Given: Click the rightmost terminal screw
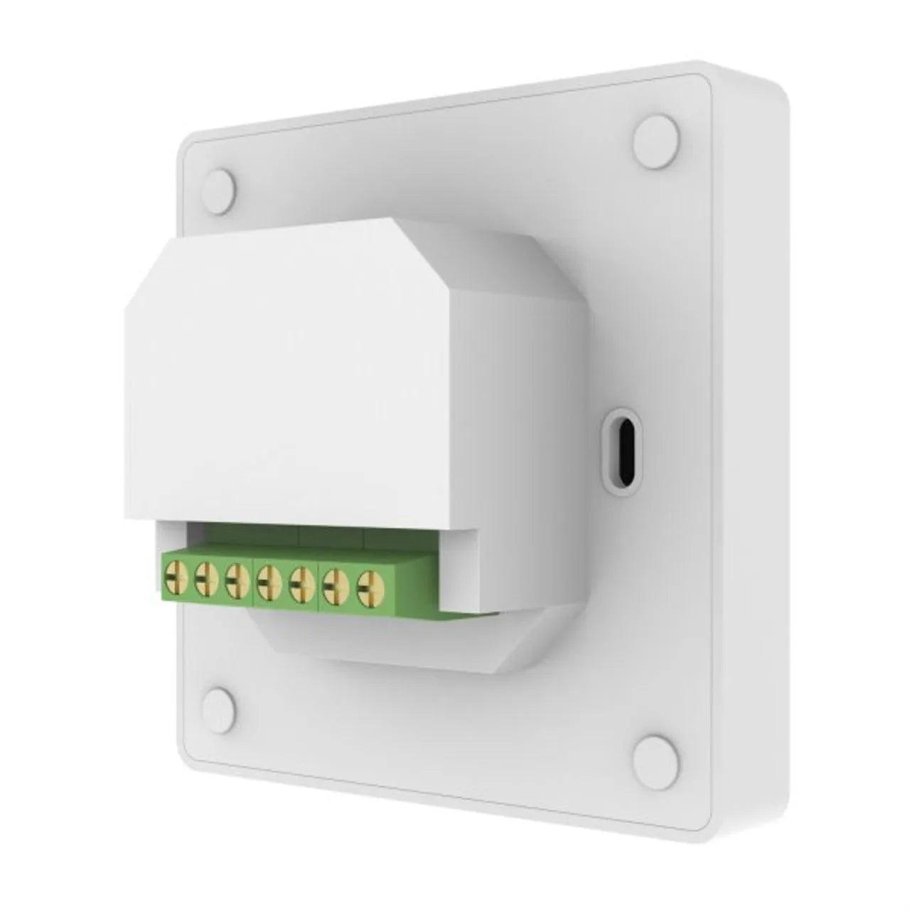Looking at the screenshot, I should (x=368, y=587).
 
